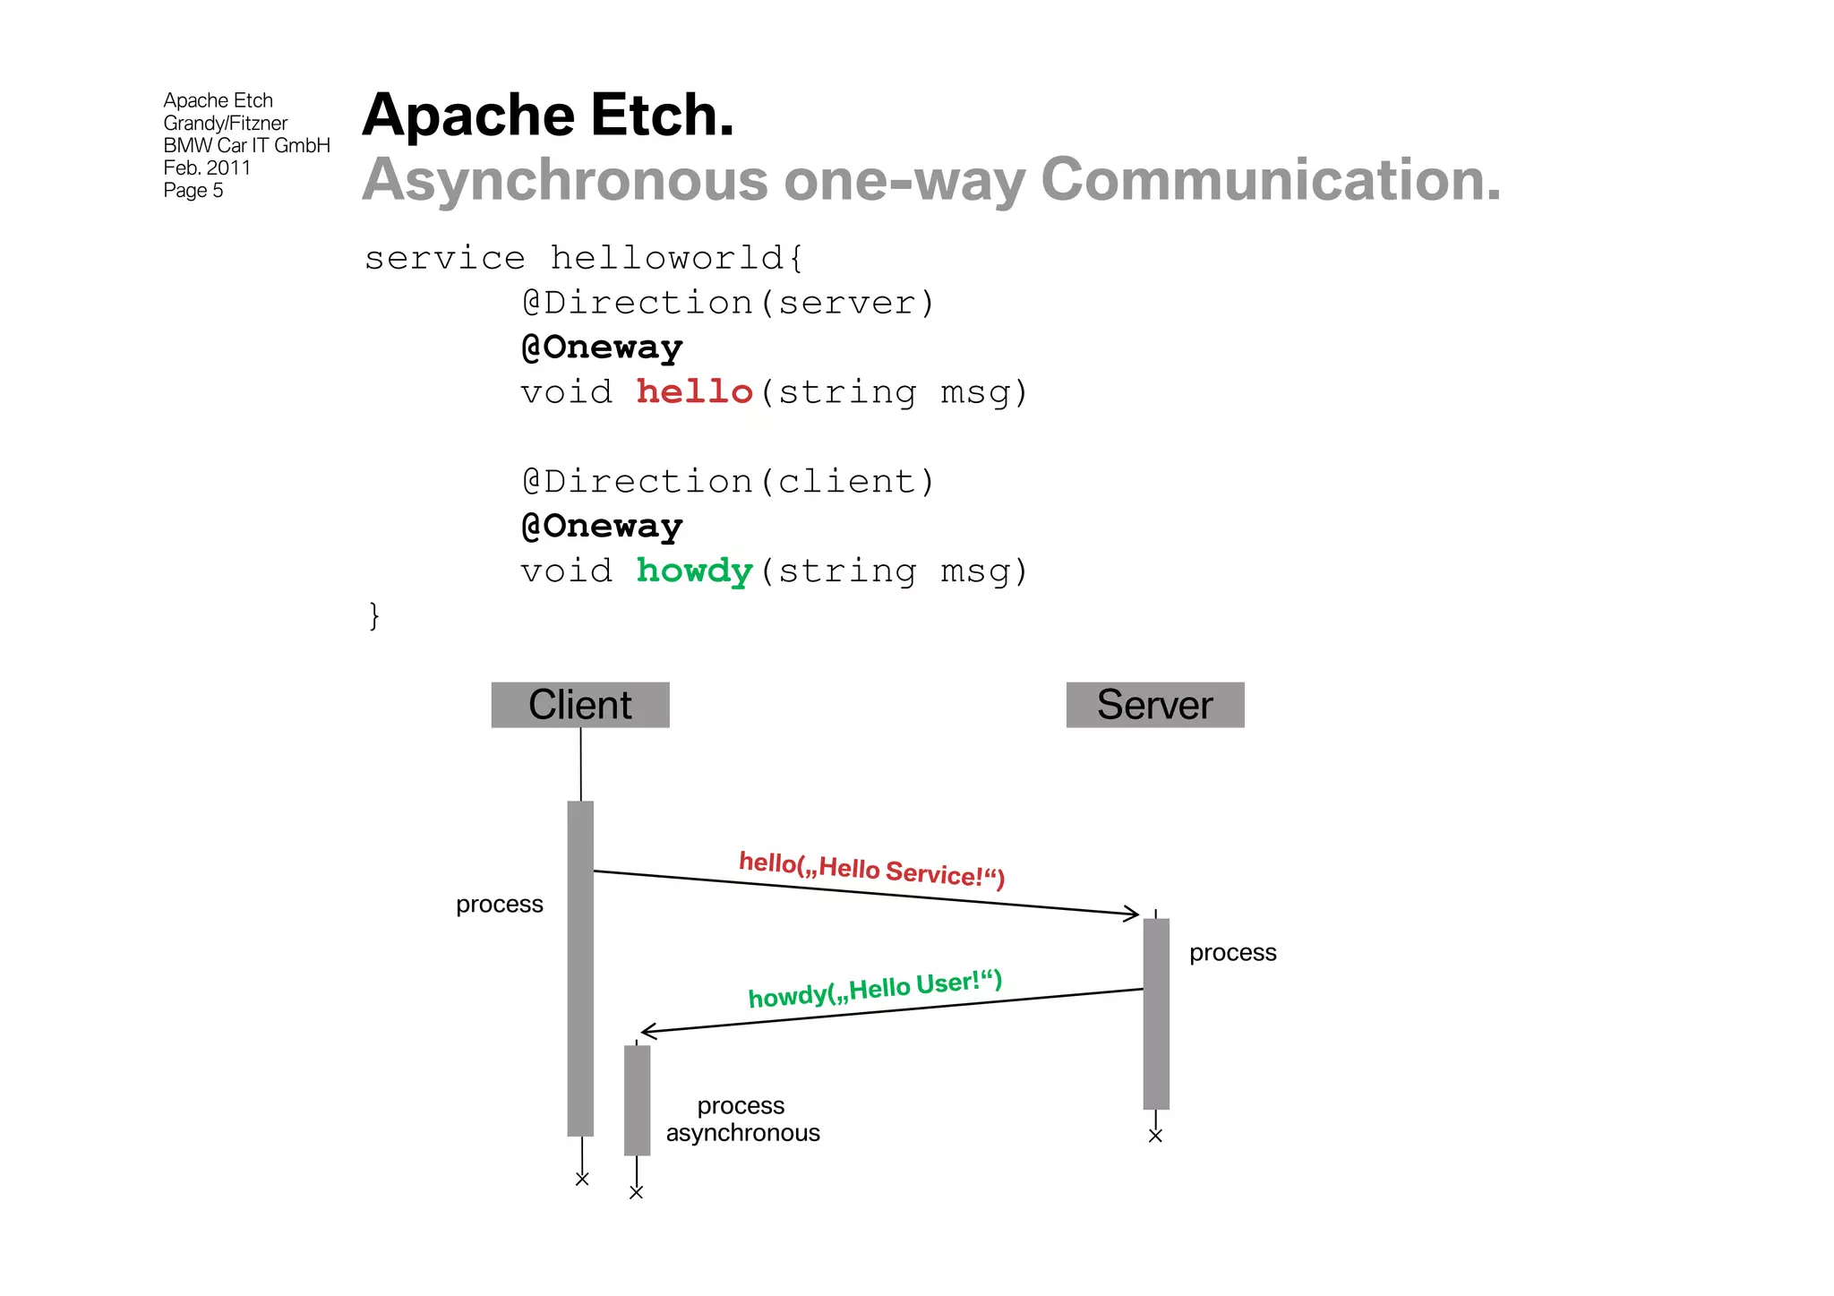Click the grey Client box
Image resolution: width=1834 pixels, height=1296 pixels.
click(x=580, y=705)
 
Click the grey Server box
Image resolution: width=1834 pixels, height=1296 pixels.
click(x=1154, y=705)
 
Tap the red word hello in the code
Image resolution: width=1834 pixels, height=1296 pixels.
click(x=694, y=392)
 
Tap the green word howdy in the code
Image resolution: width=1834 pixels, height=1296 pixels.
click(x=694, y=571)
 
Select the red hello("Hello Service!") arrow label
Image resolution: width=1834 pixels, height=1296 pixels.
click(x=871, y=869)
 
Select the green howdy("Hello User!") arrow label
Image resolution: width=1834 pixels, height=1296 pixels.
click(x=875, y=989)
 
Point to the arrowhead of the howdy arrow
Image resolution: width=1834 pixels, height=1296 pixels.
click(x=647, y=1032)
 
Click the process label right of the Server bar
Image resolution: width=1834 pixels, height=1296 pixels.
click(x=1232, y=953)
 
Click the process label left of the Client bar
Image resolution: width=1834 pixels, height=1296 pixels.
click(x=499, y=905)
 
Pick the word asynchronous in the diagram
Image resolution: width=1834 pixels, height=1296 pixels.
click(x=742, y=1133)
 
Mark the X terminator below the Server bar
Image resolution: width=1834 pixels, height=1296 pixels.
click(x=1155, y=1137)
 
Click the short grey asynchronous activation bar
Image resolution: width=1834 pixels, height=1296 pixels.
click(x=637, y=1100)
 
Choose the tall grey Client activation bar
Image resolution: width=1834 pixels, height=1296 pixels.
click(x=580, y=967)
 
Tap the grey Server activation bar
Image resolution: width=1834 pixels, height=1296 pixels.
click(x=1156, y=1013)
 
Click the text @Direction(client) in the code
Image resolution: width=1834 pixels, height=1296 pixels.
click(x=728, y=482)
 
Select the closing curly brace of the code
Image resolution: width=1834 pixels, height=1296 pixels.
click(x=374, y=615)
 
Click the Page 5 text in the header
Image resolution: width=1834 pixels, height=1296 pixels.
click(x=193, y=191)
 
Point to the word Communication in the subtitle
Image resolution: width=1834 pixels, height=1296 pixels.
click(x=1270, y=180)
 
